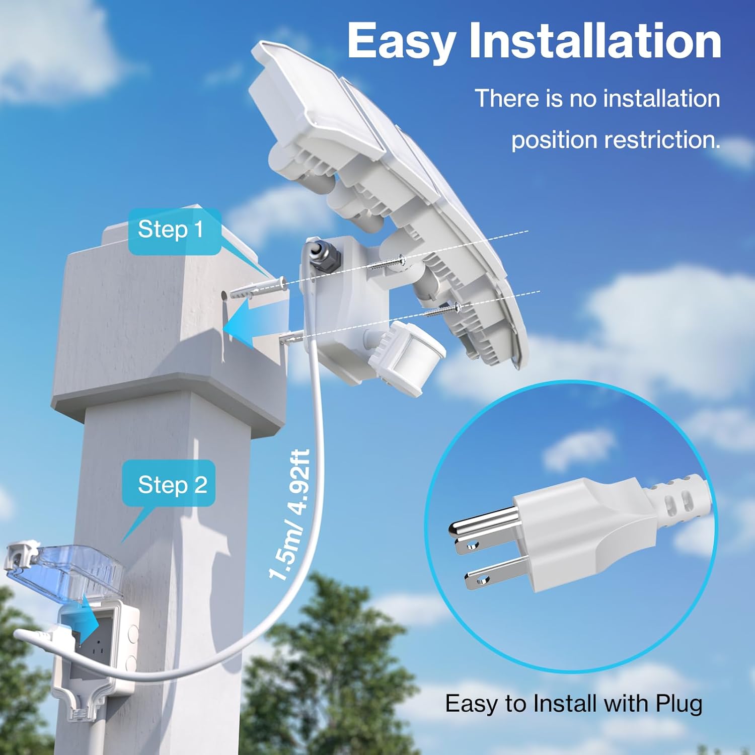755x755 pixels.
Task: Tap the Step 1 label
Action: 171,230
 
